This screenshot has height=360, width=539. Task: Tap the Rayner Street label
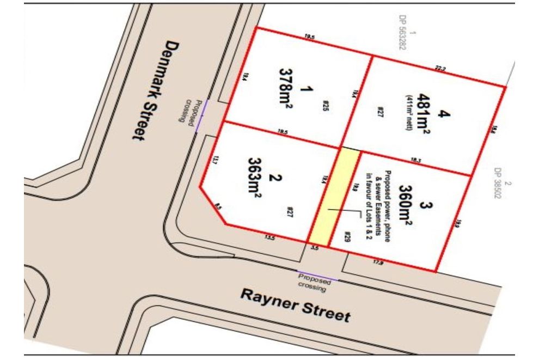click(x=296, y=306)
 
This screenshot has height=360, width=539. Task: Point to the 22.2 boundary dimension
click(x=440, y=69)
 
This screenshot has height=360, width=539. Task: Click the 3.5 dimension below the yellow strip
click(x=314, y=248)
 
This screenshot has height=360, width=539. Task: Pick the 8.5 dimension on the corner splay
click(x=218, y=207)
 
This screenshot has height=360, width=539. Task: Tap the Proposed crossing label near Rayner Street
click(x=314, y=281)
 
